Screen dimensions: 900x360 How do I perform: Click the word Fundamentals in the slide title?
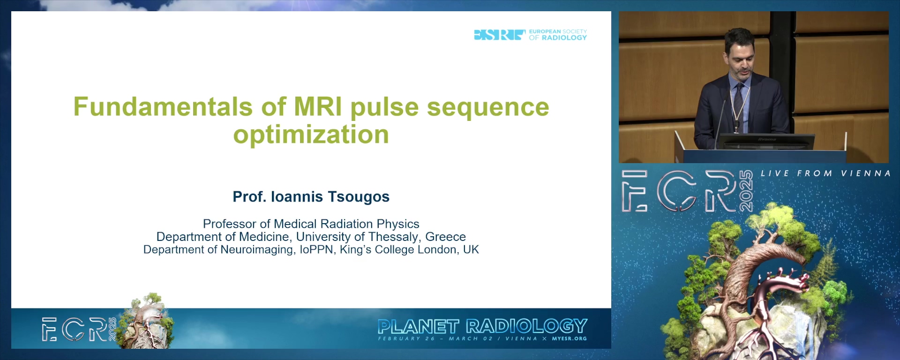(x=163, y=106)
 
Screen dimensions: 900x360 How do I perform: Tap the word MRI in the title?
(x=318, y=106)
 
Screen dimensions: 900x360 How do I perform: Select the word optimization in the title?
(x=311, y=135)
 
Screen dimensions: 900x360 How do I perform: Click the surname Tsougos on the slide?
(x=359, y=197)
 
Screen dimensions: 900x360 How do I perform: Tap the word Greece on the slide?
(x=445, y=237)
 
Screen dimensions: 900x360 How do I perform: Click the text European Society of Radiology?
(x=558, y=35)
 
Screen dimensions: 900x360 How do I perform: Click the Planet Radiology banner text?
(x=482, y=326)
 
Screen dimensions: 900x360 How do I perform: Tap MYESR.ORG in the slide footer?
(x=569, y=338)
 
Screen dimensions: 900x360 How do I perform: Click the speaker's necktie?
(x=739, y=105)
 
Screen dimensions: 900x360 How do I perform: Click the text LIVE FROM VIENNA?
(x=825, y=173)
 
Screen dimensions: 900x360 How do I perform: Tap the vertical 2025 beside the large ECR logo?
(x=746, y=191)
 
